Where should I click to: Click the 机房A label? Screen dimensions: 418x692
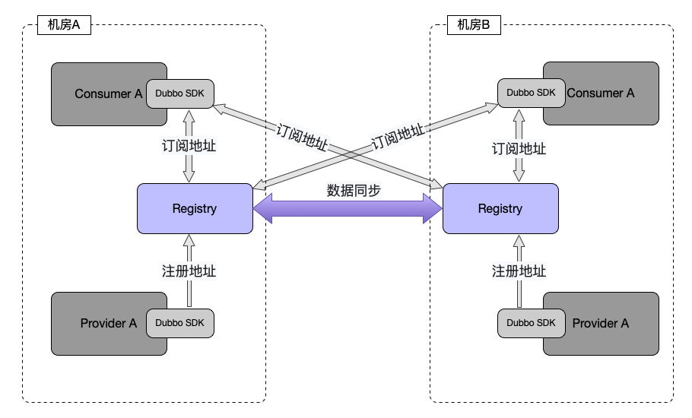tap(65, 25)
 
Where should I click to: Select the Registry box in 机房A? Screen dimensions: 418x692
tap(195, 208)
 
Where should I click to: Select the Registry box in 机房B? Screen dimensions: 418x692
tap(500, 208)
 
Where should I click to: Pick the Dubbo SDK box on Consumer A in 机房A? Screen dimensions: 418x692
tap(179, 93)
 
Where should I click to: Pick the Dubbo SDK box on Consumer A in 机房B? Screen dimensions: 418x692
tap(531, 93)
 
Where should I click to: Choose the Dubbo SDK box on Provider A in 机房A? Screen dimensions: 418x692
tap(179, 323)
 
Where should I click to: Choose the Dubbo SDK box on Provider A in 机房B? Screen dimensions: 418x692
tap(531, 323)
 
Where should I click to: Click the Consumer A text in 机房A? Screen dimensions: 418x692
tap(108, 94)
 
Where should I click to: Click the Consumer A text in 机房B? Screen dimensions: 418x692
tap(600, 93)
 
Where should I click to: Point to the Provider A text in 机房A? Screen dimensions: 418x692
tap(108, 323)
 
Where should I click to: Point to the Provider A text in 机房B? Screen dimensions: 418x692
tap(600, 323)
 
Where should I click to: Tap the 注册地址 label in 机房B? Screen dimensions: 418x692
tap(519, 271)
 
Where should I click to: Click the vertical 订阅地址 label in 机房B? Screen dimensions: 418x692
tap(519, 148)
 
